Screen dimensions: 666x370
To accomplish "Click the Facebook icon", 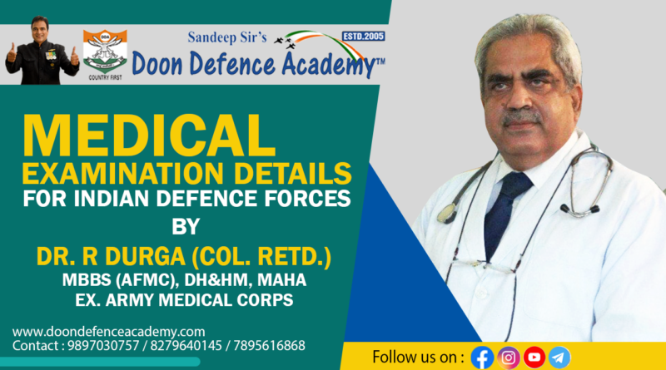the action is point(482,358).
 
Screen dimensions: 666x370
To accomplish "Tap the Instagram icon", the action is point(509,358).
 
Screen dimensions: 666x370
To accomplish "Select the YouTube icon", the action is point(534,358).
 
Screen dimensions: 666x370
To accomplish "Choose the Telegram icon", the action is point(559,358).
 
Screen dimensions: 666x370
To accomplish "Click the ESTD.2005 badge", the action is point(364,36).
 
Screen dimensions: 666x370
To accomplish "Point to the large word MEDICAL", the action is point(149,136).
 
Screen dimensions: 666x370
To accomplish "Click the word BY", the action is point(186,227).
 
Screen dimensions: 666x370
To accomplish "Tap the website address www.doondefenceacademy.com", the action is point(109,332).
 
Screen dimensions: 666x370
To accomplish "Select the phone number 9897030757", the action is point(103,346).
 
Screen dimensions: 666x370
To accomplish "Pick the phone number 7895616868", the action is point(269,346).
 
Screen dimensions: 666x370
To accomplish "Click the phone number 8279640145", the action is point(186,346).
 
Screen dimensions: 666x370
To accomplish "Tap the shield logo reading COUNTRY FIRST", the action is point(105,55).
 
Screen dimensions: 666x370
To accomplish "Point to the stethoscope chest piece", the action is point(446,213).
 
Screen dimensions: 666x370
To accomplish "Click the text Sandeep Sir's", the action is point(227,37).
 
